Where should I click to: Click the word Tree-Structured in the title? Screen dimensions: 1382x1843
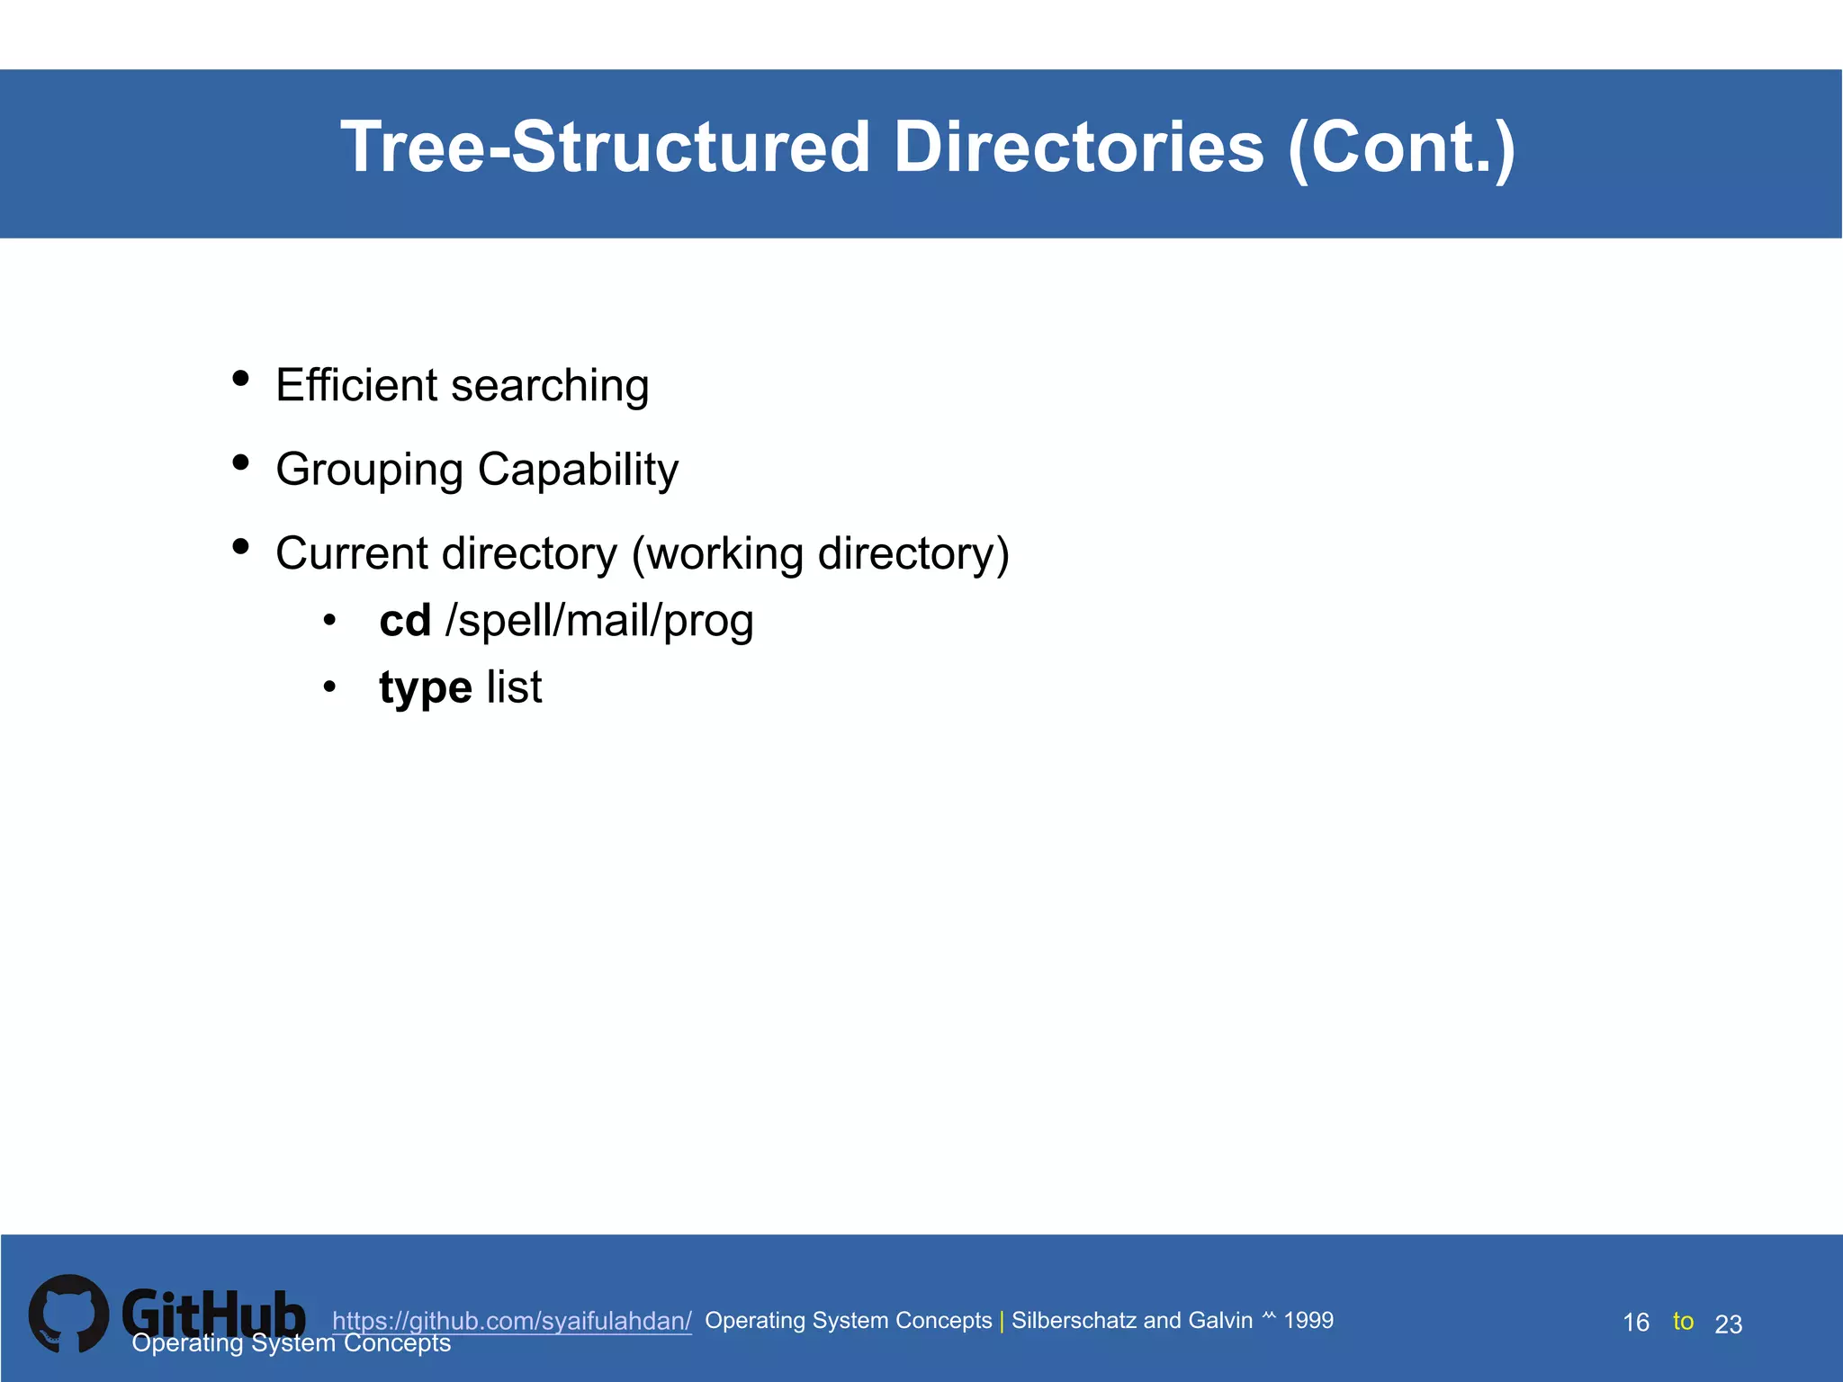[605, 148]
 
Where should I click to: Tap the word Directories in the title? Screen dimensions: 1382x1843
[1078, 148]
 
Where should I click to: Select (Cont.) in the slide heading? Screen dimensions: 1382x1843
[1401, 149]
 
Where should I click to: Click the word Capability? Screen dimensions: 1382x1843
[578, 471]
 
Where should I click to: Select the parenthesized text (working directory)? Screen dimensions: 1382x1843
[820, 554]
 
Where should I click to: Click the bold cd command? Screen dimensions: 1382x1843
[405, 621]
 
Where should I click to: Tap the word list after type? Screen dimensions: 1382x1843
[514, 687]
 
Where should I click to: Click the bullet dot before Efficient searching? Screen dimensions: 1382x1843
[240, 379]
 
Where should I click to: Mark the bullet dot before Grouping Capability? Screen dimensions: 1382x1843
[240, 462]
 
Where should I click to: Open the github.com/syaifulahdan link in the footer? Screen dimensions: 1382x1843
[512, 1321]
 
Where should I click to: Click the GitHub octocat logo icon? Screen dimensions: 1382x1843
[69, 1314]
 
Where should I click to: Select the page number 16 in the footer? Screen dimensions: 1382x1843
[1635, 1323]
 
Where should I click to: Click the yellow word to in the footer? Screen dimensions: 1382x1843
[1683, 1321]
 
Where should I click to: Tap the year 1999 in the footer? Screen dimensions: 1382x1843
[1308, 1320]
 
